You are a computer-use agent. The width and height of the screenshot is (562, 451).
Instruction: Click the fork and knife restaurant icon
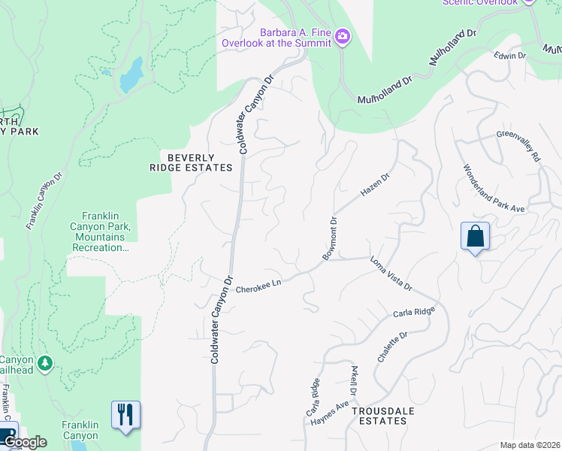pyautogui.click(x=126, y=415)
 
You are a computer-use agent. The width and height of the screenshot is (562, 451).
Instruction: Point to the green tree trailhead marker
pyautogui.click(x=45, y=364)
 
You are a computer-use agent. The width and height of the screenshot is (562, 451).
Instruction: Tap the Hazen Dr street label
pyautogui.click(x=376, y=185)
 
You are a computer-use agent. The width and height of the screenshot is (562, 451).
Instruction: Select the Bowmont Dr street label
pyautogui.click(x=331, y=239)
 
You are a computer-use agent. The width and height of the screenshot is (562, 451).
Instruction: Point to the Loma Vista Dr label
pyautogui.click(x=391, y=274)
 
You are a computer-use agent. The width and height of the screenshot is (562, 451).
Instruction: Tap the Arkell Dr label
pyautogui.click(x=353, y=382)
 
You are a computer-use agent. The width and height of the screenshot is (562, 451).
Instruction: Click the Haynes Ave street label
pyautogui.click(x=330, y=414)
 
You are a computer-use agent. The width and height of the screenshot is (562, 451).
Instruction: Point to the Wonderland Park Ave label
pyautogui.click(x=494, y=189)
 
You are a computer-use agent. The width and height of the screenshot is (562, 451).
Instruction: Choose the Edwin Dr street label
pyautogui.click(x=509, y=56)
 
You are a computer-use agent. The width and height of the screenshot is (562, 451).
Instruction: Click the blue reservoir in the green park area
pyautogui.click(x=131, y=74)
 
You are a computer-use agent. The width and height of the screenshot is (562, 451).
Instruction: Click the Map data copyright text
pyautogui.click(x=530, y=445)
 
